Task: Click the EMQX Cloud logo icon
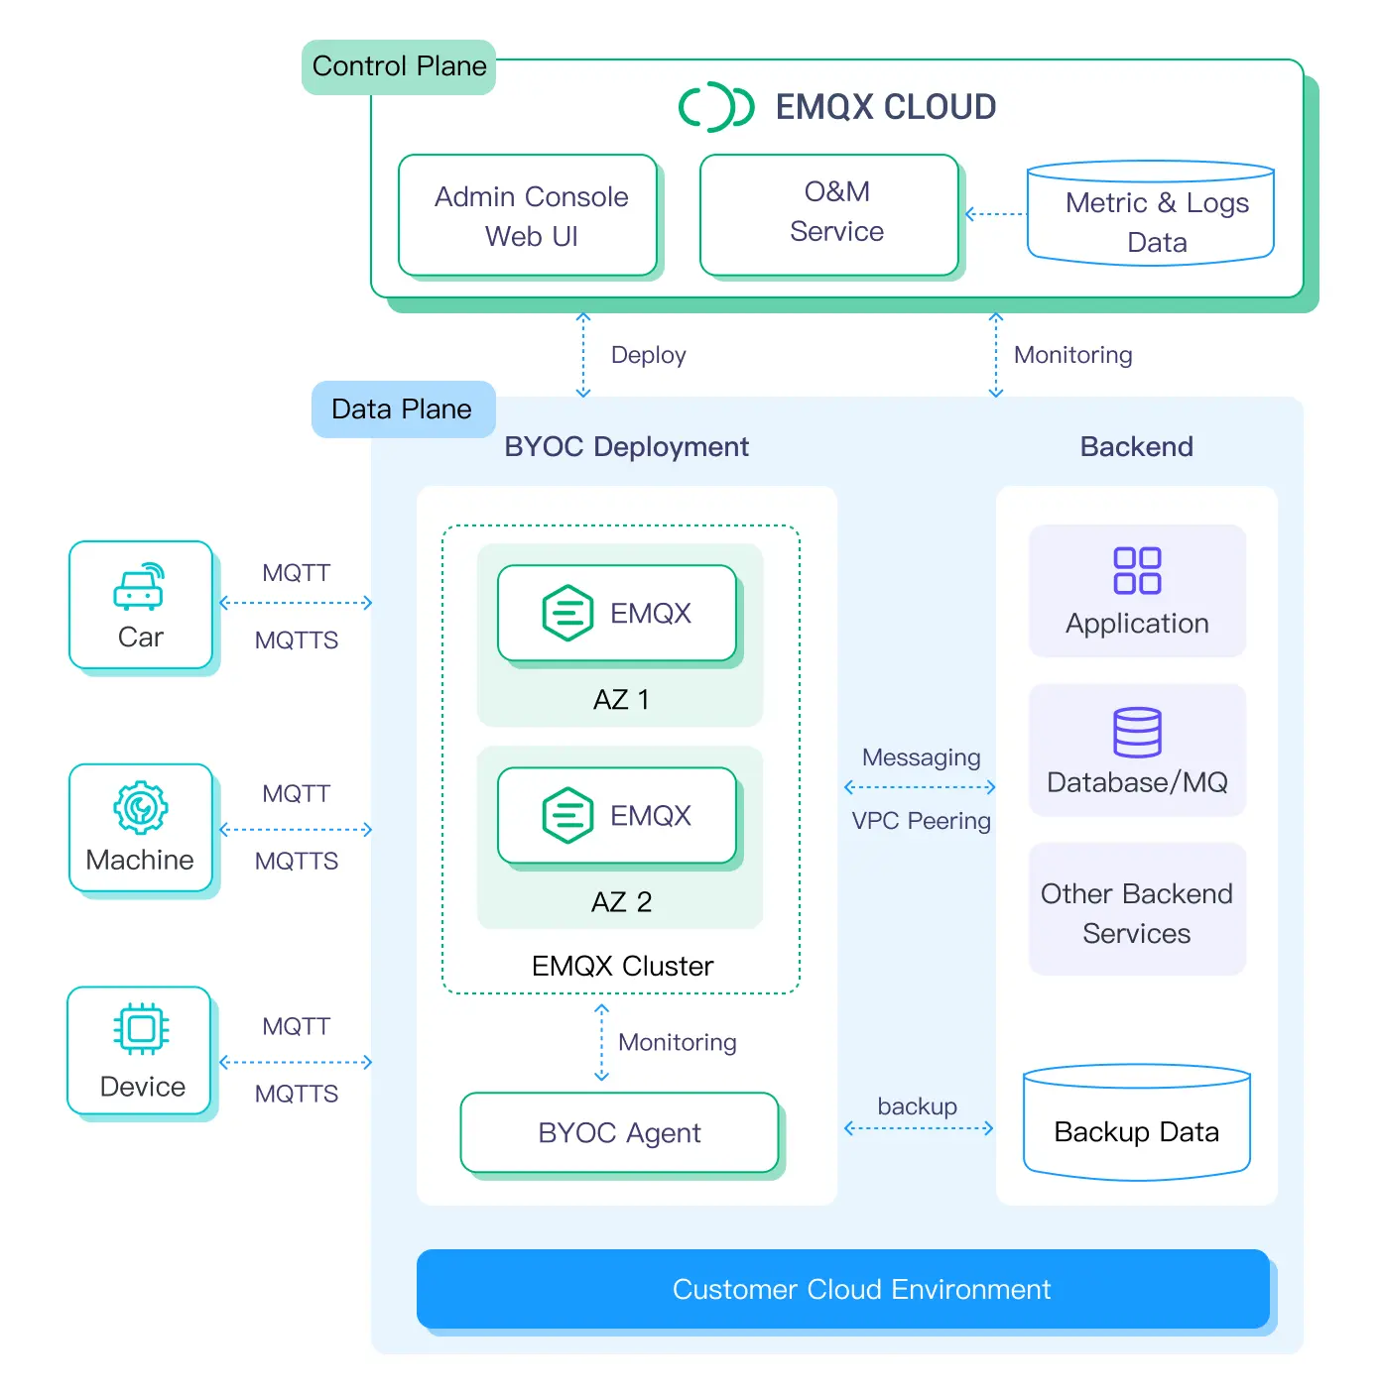[716, 106]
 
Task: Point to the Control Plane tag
[399, 66]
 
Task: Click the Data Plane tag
[403, 408]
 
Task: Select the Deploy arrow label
[648, 355]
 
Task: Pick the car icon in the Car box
[140, 586]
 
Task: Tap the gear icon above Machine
[141, 807]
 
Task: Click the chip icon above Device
[141, 1029]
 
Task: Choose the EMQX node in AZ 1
[617, 613]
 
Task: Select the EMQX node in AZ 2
[617, 815]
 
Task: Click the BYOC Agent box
[620, 1132]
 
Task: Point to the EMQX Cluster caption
[622, 966]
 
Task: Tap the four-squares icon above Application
[1137, 570]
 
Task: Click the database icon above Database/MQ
[1137, 733]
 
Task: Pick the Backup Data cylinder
[1137, 1125]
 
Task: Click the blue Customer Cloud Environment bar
[843, 1289]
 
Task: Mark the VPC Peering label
[921, 821]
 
